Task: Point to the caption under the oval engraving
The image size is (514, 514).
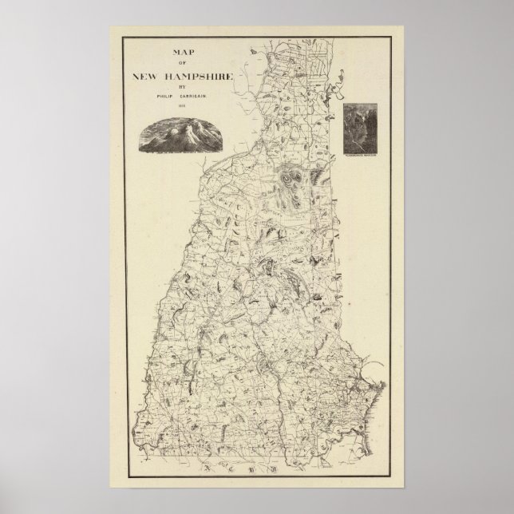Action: point(180,152)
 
